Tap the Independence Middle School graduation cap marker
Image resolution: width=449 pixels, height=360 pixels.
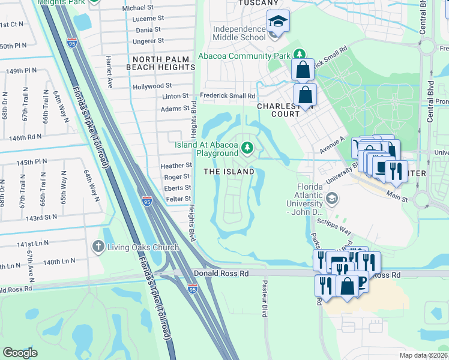coord(277,21)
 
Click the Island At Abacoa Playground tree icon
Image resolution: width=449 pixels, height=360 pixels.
coord(247,148)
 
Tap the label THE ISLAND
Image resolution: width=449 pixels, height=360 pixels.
coord(229,172)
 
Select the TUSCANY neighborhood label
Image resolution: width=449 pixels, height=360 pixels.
coord(258,3)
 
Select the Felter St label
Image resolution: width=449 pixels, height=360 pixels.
coord(178,199)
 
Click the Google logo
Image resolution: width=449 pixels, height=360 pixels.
coord(20,352)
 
